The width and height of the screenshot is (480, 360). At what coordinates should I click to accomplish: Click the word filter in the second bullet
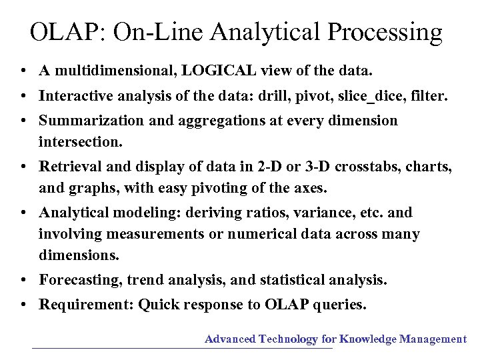coord(429,95)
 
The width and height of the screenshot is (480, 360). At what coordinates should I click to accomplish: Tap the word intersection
coord(80,142)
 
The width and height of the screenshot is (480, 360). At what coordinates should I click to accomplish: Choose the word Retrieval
coord(67,167)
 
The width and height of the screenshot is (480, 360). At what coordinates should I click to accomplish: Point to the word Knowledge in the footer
coord(369,339)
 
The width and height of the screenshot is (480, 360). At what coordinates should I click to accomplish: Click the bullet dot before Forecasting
coord(23,280)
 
